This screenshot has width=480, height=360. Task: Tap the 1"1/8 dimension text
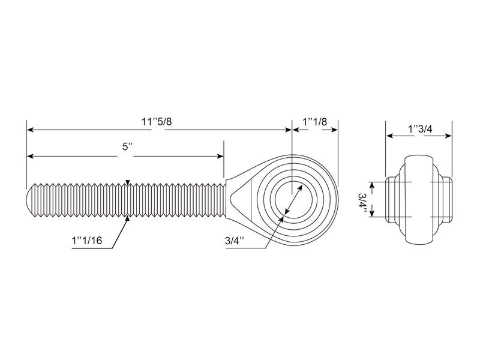click(x=315, y=122)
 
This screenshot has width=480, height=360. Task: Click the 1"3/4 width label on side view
click(x=419, y=129)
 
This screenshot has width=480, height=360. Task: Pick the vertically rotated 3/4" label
click(x=361, y=200)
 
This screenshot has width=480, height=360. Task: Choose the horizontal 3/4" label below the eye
click(x=235, y=241)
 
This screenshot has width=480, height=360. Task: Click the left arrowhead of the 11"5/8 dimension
click(x=30, y=130)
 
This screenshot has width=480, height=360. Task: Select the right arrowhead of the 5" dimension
click(x=220, y=156)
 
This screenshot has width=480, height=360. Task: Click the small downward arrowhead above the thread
click(x=127, y=182)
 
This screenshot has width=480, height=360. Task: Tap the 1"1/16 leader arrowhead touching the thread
click(x=127, y=220)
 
